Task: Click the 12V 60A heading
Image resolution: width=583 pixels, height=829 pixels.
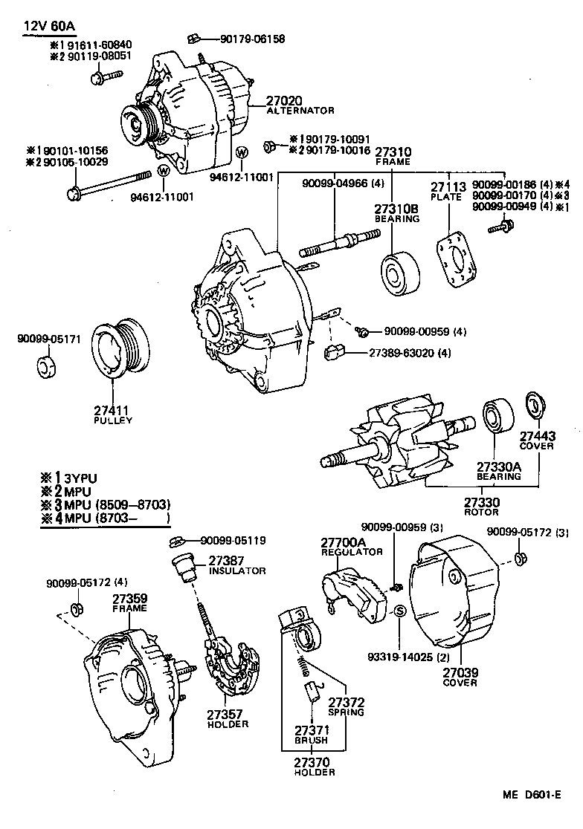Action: [49, 26]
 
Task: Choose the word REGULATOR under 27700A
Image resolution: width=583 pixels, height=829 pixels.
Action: [352, 552]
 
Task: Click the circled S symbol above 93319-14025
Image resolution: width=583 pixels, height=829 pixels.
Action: [399, 611]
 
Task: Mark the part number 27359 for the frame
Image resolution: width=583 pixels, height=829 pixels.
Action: [129, 597]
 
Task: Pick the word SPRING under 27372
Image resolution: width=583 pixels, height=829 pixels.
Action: [347, 712]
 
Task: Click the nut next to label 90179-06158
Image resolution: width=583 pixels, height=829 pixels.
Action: [191, 38]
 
